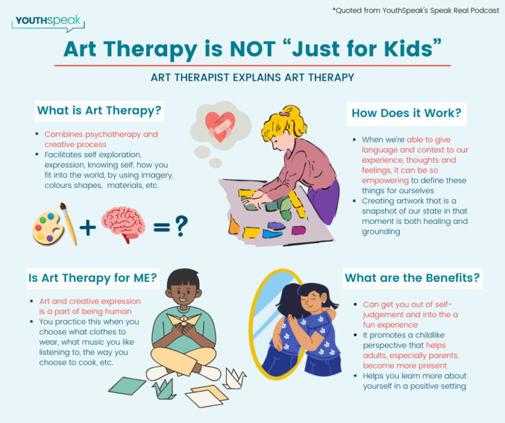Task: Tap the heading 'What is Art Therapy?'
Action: coord(99,110)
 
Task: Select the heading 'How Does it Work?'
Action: coord(406,113)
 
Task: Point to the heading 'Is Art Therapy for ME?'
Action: coord(93,278)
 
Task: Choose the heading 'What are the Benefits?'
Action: coord(412,278)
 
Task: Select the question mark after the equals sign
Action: coord(181,227)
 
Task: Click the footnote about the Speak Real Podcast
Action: coord(416,10)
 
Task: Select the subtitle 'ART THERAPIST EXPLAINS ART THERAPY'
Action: coord(252,78)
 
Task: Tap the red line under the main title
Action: coord(252,65)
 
